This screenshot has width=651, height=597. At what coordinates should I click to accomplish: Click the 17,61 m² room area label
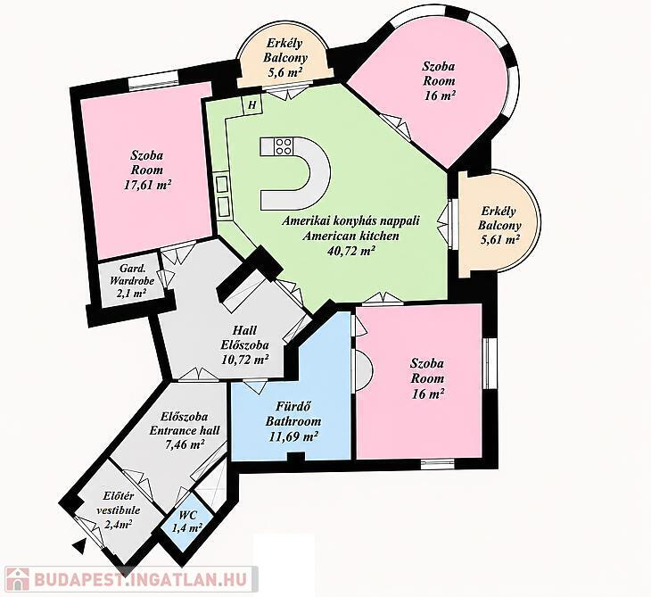(x=148, y=185)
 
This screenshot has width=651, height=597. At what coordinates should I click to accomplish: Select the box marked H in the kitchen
(x=252, y=104)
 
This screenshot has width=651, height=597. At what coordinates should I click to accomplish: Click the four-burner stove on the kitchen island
(x=284, y=146)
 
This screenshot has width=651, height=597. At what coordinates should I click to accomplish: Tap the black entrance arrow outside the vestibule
(x=80, y=543)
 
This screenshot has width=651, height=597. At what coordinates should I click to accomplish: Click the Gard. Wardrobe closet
(x=131, y=280)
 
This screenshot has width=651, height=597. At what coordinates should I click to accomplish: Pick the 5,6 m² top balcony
(x=284, y=62)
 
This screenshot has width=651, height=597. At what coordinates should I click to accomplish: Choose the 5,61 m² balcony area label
(x=500, y=240)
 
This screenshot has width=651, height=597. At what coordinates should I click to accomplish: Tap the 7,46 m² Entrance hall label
(x=185, y=444)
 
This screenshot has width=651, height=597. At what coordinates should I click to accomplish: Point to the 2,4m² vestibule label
(x=119, y=524)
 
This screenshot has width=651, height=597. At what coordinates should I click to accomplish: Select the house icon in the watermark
(x=17, y=578)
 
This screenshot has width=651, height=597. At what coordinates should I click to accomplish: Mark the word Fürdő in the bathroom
(x=293, y=407)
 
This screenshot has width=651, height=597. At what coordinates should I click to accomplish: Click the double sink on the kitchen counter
(x=223, y=195)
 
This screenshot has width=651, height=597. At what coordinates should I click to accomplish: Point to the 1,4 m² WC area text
(x=187, y=528)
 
